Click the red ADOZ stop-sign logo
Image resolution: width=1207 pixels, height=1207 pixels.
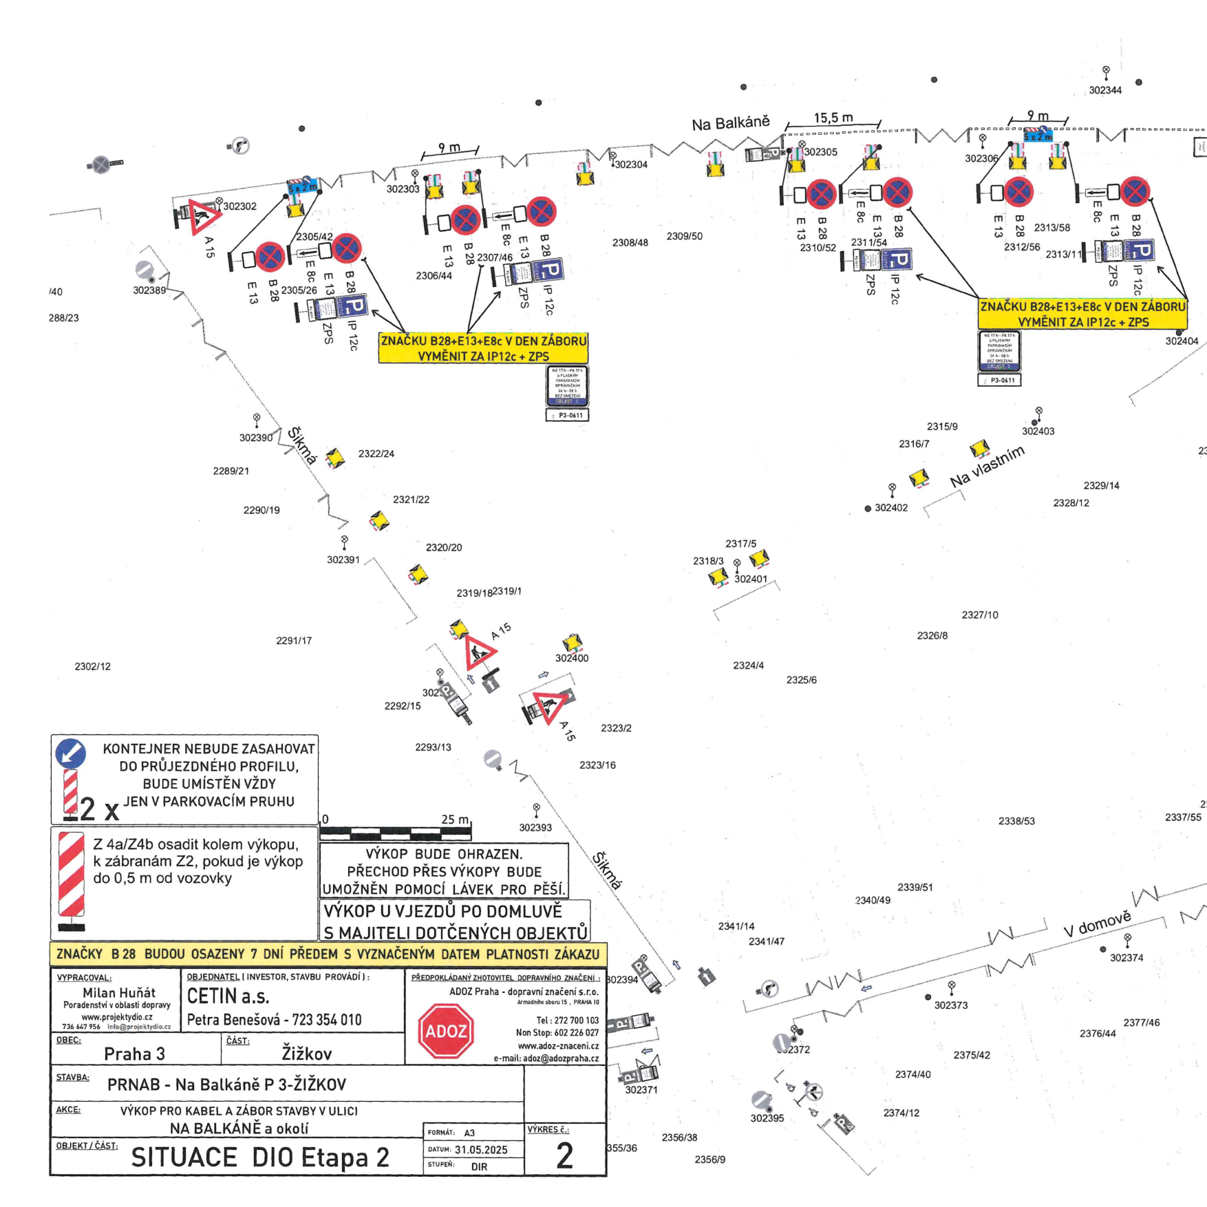click(x=446, y=1031)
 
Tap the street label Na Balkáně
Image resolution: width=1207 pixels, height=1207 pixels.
click(x=730, y=124)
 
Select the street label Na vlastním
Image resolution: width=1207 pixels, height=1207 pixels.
click(x=987, y=467)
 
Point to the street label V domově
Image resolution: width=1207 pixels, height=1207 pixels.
click(x=1097, y=923)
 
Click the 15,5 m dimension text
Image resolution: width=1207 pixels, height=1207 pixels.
click(x=833, y=118)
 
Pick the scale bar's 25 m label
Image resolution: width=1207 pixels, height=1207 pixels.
click(x=455, y=820)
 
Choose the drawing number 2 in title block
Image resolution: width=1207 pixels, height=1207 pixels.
click(x=564, y=1156)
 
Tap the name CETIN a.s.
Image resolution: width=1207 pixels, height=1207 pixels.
click(x=228, y=996)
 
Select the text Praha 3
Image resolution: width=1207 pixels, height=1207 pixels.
click(x=134, y=1054)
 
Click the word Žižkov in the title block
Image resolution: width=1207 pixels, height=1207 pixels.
click(x=307, y=1053)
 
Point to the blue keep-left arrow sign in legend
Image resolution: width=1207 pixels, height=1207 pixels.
click(x=70, y=754)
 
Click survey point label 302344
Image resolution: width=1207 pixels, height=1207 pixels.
click(x=1105, y=90)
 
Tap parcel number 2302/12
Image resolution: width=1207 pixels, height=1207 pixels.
click(x=92, y=666)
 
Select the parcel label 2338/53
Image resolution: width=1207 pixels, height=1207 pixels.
click(x=1016, y=821)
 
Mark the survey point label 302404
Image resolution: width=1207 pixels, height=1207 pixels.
click(x=1182, y=341)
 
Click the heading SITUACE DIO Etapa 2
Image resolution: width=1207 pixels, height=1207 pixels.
click(x=260, y=1157)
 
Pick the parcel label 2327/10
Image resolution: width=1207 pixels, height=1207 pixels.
click(x=979, y=615)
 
